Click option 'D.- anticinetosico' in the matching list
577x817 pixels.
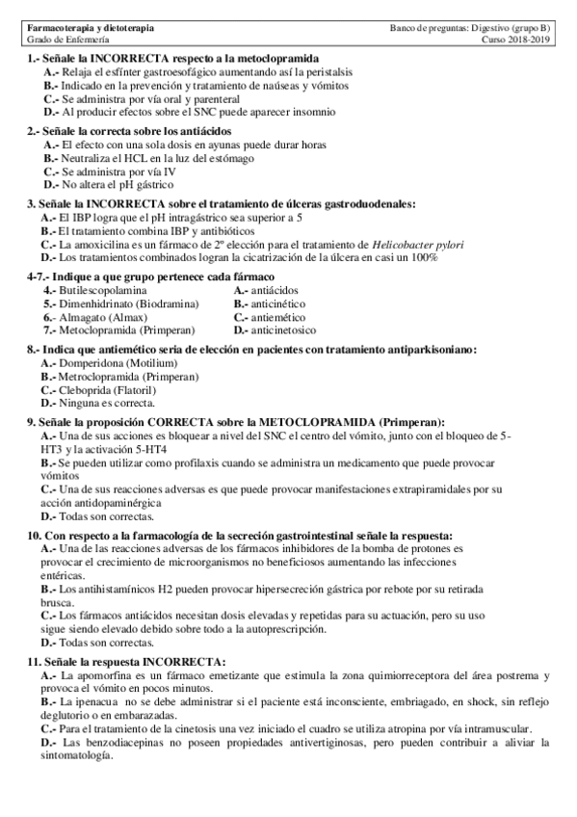pos(279,330)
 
